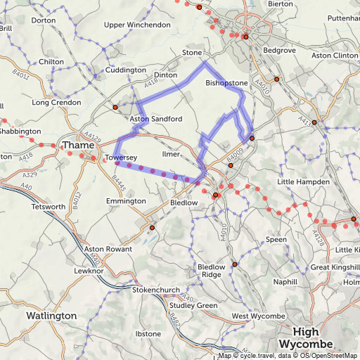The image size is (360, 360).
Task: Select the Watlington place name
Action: (x=51, y=316)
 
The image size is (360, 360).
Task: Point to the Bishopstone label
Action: (x=226, y=83)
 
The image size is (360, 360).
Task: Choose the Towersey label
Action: (x=120, y=157)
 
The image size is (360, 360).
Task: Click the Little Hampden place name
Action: (x=303, y=182)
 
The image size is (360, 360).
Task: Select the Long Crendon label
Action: (x=56, y=103)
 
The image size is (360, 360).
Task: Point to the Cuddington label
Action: (x=127, y=70)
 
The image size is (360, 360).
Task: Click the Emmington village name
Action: (x=125, y=201)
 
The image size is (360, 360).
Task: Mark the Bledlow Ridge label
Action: (x=211, y=271)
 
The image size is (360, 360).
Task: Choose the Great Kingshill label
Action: (x=335, y=267)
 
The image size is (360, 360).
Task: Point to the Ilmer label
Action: (x=172, y=153)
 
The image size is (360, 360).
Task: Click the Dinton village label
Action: (x=165, y=75)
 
